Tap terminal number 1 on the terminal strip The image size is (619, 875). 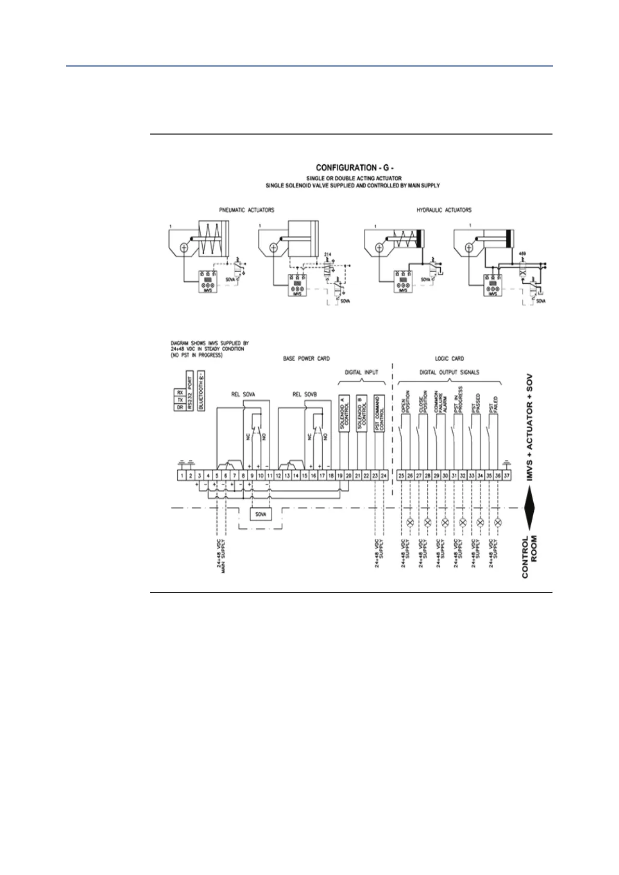click(182, 475)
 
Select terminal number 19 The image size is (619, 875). click(339, 475)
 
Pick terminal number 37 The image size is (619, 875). click(507, 475)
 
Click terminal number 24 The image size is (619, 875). click(384, 475)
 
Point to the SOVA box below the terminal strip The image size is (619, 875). click(260, 514)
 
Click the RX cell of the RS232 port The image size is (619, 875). click(179, 392)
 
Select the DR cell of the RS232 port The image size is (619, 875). click(179, 407)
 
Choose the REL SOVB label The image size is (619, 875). click(305, 394)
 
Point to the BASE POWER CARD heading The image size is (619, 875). click(306, 359)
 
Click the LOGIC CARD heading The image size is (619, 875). click(449, 359)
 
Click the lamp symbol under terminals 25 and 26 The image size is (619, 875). click(410, 522)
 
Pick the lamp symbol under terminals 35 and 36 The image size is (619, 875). click(498, 522)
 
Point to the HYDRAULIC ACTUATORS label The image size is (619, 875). click(444, 210)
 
